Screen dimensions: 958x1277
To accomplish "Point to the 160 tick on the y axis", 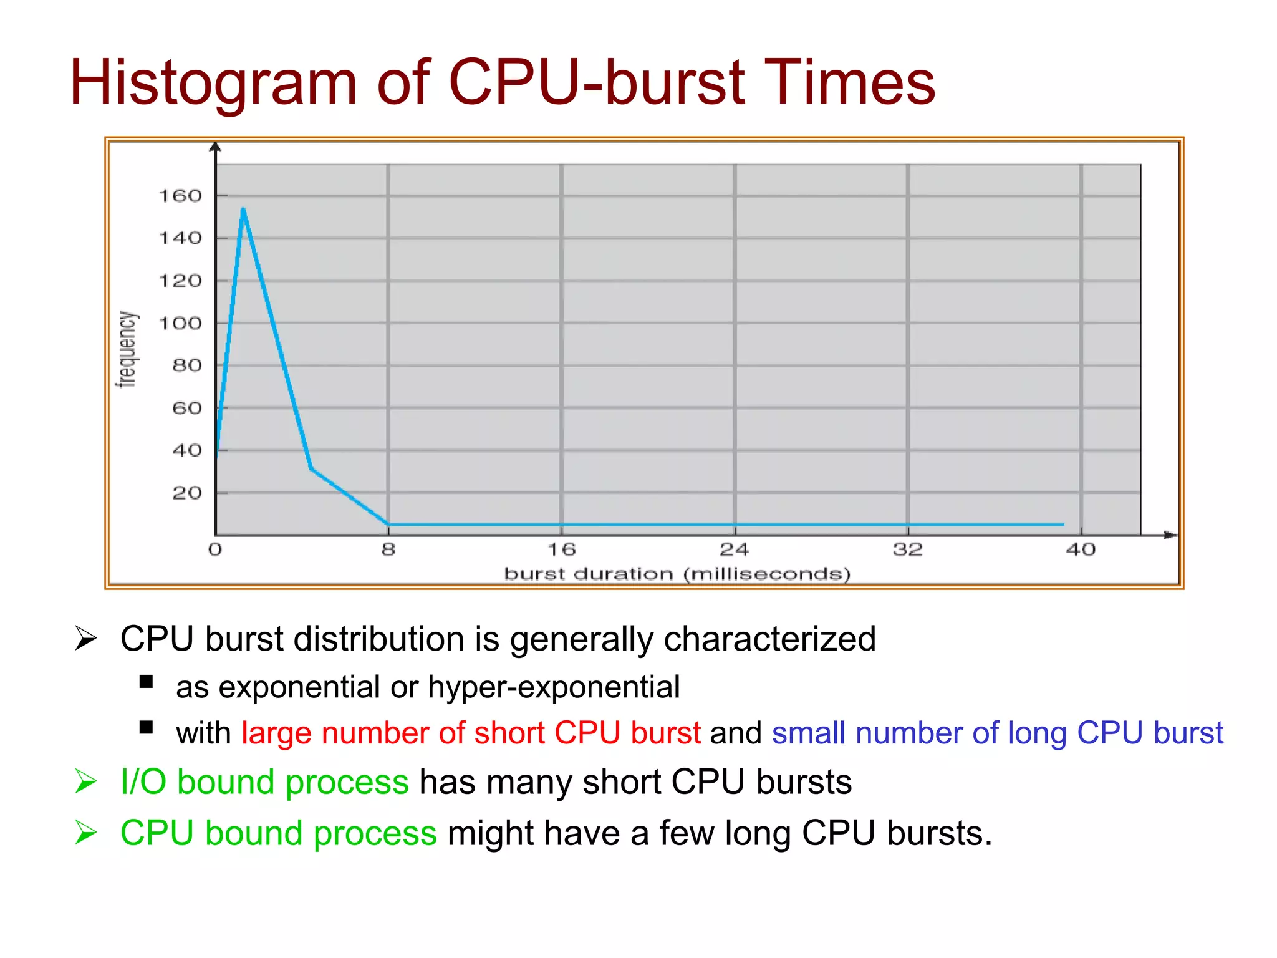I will tap(180, 196).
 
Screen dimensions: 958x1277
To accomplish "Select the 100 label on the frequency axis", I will tap(180, 323).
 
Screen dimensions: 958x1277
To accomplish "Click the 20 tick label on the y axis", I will tap(187, 493).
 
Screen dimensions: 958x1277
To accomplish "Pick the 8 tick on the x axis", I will tap(388, 549).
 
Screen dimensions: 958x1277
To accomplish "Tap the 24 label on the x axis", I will tap(734, 549).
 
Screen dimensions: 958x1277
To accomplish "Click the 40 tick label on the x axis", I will tap(1081, 549).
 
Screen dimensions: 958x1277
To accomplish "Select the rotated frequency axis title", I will tap(127, 349).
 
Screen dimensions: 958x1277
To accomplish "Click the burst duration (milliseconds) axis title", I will tap(677, 574).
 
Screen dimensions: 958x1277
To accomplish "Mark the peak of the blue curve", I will tap(243, 210).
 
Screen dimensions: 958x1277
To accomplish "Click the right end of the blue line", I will tap(1063, 525).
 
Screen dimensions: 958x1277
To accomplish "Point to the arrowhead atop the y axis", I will tap(215, 147).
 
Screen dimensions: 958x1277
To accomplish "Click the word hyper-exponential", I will tap(554, 687).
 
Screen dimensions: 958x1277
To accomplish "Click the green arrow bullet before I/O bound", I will tap(85, 781).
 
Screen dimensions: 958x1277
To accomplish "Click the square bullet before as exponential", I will tap(147, 682).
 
